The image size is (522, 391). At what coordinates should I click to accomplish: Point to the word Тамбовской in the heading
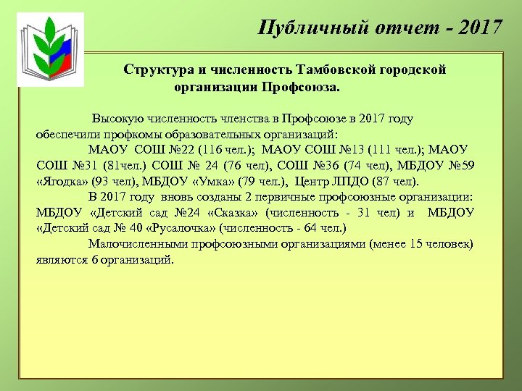(329, 70)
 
